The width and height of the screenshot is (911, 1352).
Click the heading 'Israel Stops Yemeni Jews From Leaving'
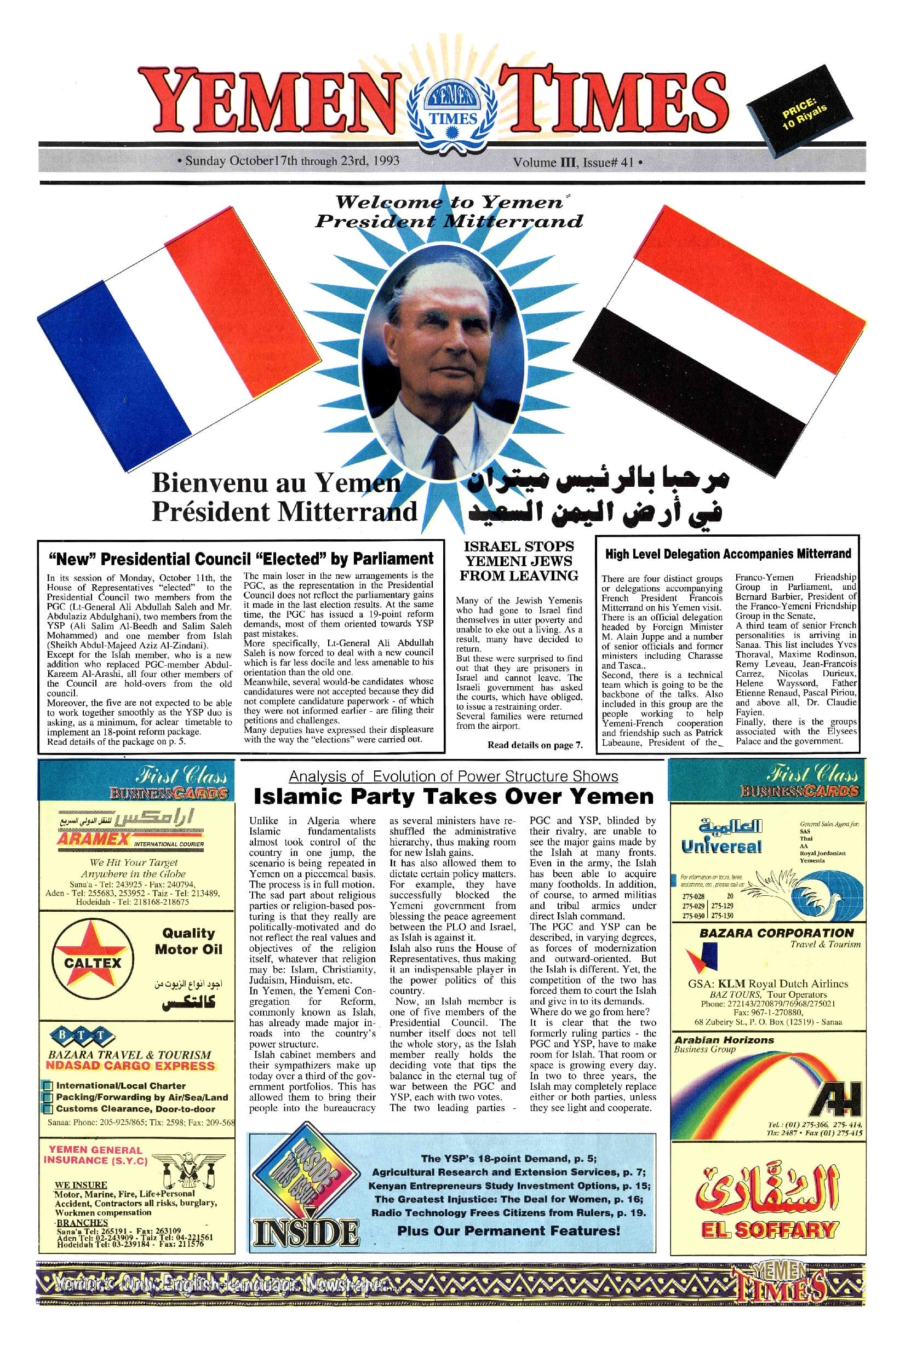pyautogui.click(x=519, y=561)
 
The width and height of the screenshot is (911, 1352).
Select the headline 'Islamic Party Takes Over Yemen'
pyautogui.click(x=454, y=797)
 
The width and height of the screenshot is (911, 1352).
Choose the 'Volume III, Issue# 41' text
pyautogui.click(x=575, y=163)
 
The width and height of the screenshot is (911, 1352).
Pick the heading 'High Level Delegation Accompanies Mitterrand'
pyautogui.click(x=728, y=554)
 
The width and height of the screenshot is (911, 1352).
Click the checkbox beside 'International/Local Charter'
pyautogui.click(x=49, y=1086)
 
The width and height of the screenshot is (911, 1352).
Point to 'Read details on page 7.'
pyautogui.click(x=535, y=745)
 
